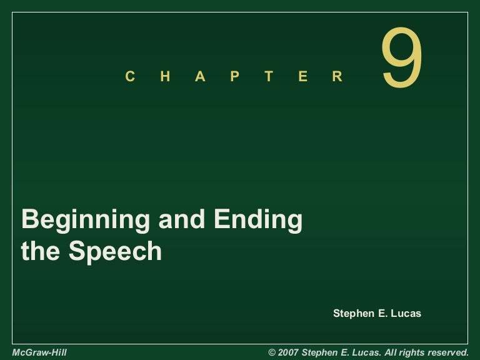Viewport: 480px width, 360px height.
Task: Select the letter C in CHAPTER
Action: pyautogui.click(x=130, y=77)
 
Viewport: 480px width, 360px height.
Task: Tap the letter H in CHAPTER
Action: pyautogui.click(x=165, y=77)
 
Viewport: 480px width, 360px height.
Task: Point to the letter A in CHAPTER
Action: pyautogui.click(x=200, y=77)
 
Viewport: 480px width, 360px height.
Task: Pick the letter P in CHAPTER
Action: pyautogui.click(x=234, y=77)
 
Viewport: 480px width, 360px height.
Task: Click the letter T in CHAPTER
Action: pyautogui.click(x=269, y=77)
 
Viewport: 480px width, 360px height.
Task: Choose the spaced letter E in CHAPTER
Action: pyautogui.click(x=303, y=77)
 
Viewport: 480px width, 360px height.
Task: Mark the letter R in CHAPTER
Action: pyautogui.click(x=337, y=77)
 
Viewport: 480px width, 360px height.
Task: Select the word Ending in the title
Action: pyautogui.click(x=259, y=221)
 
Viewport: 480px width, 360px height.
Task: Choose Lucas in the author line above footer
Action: pyautogui.click(x=406, y=313)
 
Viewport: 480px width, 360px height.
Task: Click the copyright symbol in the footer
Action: pyautogui.click(x=272, y=352)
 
